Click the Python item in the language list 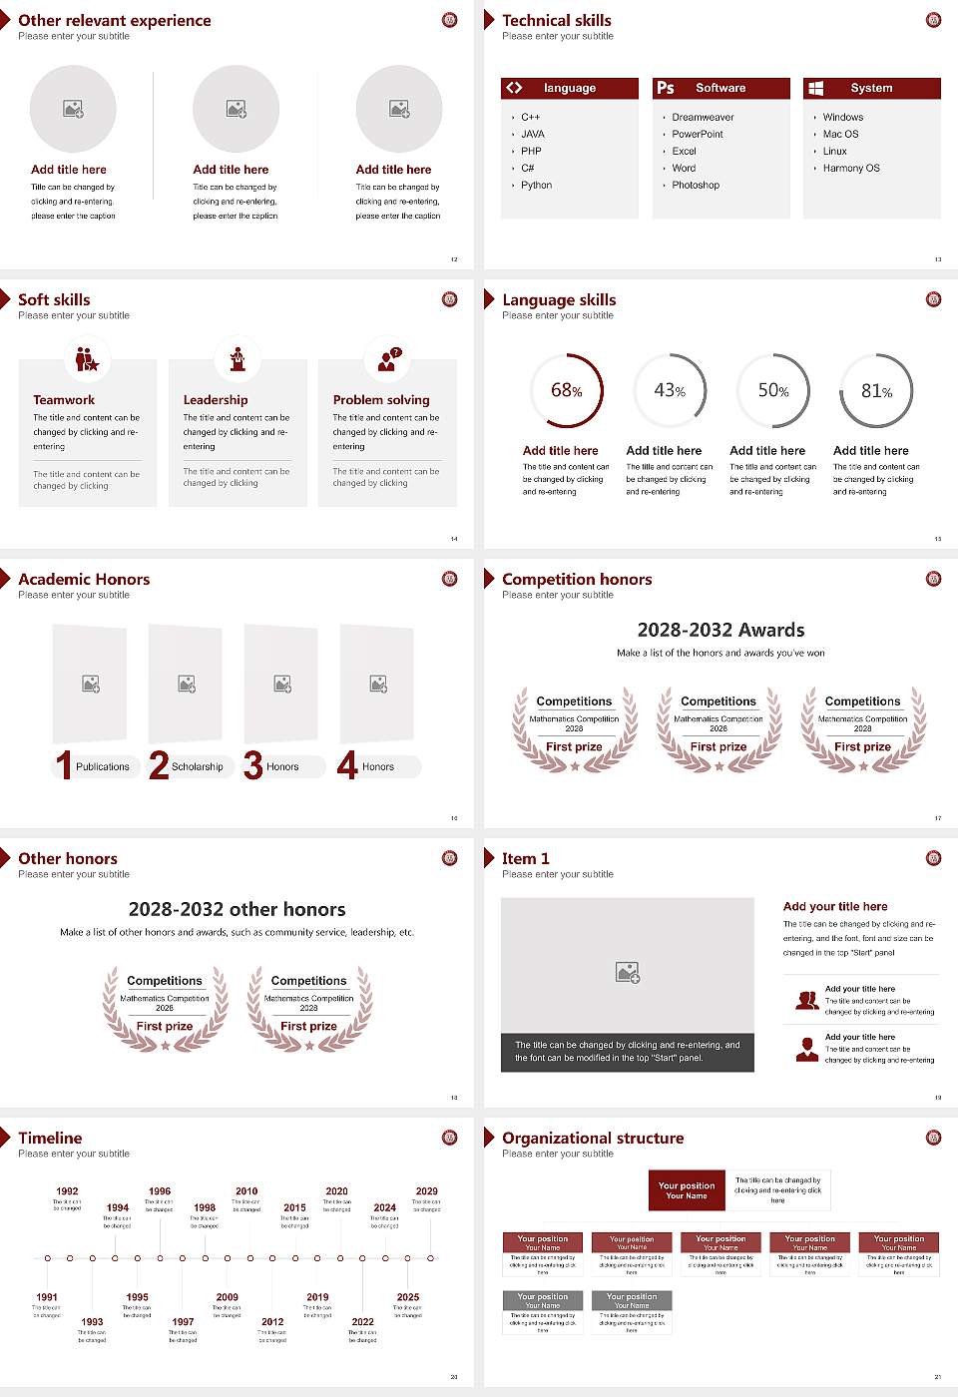point(536,186)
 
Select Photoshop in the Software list point(696,186)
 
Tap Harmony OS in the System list point(851,169)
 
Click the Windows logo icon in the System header point(816,88)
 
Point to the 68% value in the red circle point(567,391)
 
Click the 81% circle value point(876,391)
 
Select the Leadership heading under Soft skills point(216,400)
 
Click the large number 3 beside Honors point(253,765)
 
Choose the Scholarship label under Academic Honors point(198,767)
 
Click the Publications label point(103,767)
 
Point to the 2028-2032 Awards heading point(720,630)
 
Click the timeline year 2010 point(246,1191)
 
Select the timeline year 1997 point(183,1322)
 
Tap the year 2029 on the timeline point(427,1191)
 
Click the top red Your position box point(687,1190)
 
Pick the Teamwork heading point(64,400)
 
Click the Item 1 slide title point(526,858)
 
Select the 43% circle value point(670,391)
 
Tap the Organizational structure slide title point(593,1138)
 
